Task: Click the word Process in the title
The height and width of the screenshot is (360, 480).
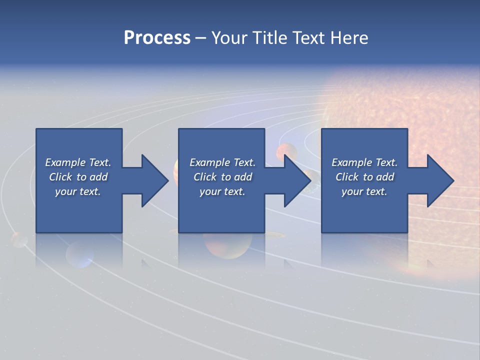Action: coord(157,38)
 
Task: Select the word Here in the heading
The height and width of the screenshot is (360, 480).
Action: coord(348,38)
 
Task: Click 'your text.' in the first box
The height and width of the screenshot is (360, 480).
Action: coord(78,191)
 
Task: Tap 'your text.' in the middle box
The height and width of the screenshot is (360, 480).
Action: coord(222,191)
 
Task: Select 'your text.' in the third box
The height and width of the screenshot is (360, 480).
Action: coord(364,191)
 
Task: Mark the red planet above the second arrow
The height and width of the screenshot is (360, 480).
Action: coord(287,151)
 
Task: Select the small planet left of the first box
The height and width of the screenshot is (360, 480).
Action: coord(19,239)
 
